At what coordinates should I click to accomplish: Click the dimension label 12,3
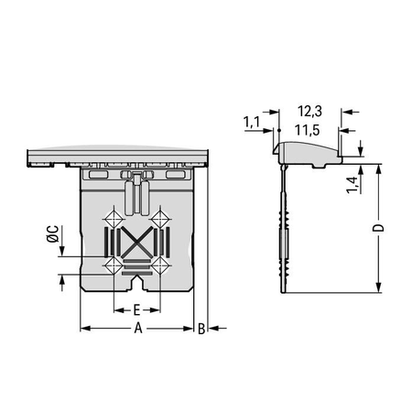point(309,112)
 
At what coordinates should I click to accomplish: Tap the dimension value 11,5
point(308,130)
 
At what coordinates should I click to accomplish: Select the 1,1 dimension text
point(252,122)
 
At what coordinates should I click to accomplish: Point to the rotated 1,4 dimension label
point(352,185)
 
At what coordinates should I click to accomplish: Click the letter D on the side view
point(378,228)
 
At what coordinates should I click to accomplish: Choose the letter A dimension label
point(138,329)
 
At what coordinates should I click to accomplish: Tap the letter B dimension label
point(201,329)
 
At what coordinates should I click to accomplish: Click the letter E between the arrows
point(136,310)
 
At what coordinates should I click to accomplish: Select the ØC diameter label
point(53,233)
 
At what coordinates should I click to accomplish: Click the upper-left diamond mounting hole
point(114,219)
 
